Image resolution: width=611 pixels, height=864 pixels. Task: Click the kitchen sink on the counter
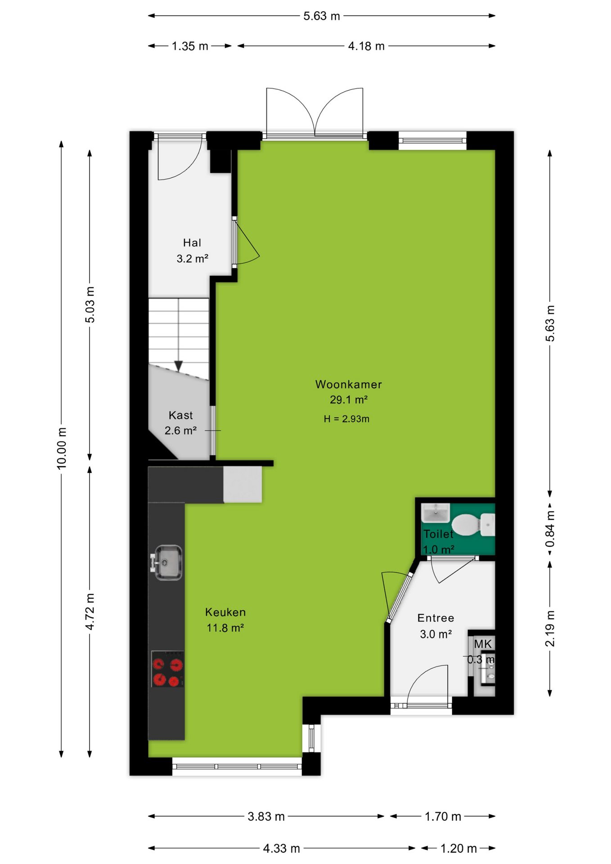(x=167, y=562)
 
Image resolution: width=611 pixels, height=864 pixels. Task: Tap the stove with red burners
(x=167, y=669)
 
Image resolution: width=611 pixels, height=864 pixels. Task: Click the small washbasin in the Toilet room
(x=435, y=513)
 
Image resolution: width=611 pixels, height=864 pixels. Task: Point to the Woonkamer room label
(x=348, y=384)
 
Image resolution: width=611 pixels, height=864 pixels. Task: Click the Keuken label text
(x=225, y=612)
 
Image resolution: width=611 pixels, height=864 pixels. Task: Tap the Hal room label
(x=192, y=243)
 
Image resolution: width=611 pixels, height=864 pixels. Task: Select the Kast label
(x=180, y=415)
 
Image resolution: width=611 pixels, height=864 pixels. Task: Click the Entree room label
(x=436, y=618)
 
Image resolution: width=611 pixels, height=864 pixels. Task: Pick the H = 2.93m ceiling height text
(x=346, y=419)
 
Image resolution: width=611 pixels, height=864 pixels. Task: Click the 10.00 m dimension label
(x=62, y=448)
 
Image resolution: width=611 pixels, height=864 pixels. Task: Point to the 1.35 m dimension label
(x=190, y=46)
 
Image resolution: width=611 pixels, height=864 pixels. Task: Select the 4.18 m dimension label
(x=366, y=46)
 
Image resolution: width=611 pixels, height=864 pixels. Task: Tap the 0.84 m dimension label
(x=550, y=529)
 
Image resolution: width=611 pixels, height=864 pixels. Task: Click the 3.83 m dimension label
(x=266, y=816)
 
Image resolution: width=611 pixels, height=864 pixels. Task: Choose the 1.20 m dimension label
(x=458, y=848)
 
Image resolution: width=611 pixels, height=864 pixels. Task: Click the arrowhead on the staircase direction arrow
(x=179, y=366)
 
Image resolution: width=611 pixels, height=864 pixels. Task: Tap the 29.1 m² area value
(x=349, y=400)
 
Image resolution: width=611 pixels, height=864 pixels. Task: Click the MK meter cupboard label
(x=483, y=644)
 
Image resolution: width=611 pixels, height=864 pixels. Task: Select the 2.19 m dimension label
(x=550, y=629)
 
